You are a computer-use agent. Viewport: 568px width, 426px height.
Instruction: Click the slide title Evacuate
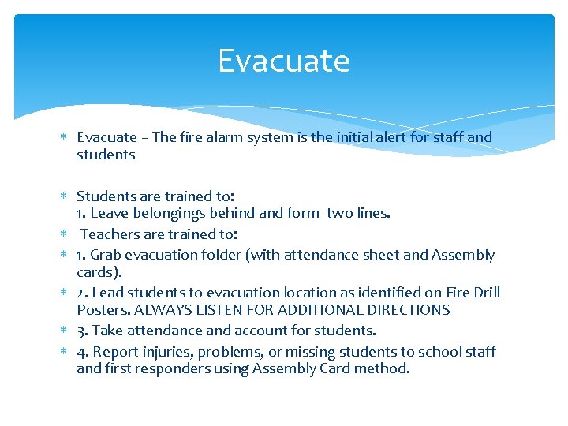(283, 61)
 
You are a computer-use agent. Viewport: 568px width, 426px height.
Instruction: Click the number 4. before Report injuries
(83, 352)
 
